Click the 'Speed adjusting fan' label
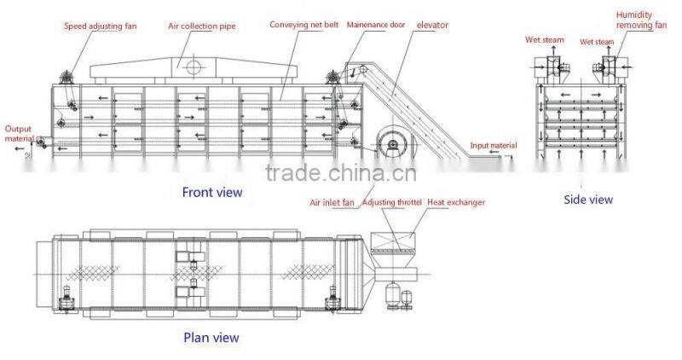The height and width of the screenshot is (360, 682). [x=100, y=26]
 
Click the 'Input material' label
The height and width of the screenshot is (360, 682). [x=494, y=146]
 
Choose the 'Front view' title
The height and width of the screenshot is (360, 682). [x=212, y=192]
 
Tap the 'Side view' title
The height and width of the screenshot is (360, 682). [x=588, y=200]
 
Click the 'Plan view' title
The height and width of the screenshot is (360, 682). [x=211, y=337]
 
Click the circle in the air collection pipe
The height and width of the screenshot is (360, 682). [x=194, y=65]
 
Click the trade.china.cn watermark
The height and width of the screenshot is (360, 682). [x=340, y=176]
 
